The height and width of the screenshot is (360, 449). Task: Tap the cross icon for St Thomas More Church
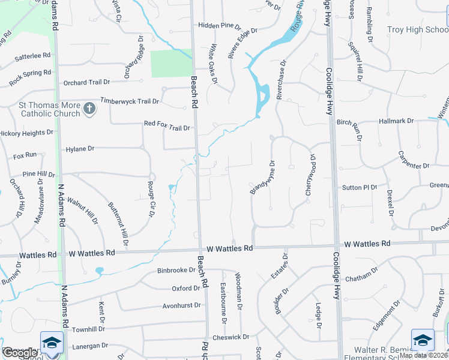[x=89, y=109]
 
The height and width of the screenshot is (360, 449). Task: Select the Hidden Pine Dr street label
[x=219, y=27]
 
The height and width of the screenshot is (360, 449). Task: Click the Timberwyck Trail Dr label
[x=131, y=101]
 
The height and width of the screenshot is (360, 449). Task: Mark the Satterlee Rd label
[x=33, y=55]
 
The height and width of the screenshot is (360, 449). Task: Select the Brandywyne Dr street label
[x=262, y=176]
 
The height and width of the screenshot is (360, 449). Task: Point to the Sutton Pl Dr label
[x=360, y=187]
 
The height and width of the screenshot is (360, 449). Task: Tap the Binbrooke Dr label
[x=176, y=271]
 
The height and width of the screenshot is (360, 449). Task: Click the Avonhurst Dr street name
[x=181, y=305]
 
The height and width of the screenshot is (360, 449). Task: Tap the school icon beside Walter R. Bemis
[x=423, y=340]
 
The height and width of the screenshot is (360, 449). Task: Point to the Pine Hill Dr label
[x=38, y=174]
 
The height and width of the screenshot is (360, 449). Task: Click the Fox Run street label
[x=25, y=156]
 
